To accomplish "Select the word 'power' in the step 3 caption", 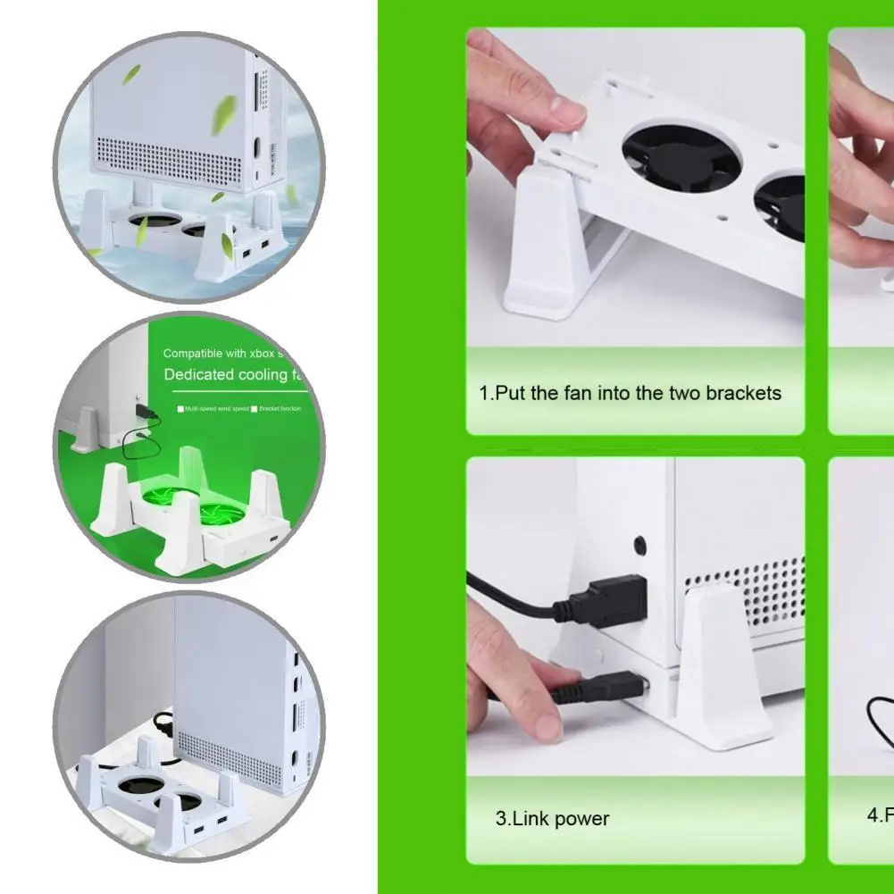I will (581, 818).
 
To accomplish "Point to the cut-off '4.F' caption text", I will (880, 815).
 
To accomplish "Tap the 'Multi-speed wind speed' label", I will (214, 409).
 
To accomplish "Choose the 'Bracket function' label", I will (280, 409).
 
